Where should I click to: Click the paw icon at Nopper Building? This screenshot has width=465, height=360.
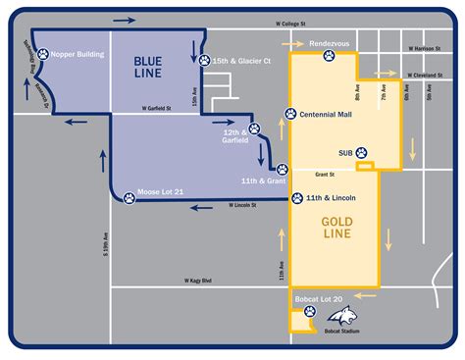42,55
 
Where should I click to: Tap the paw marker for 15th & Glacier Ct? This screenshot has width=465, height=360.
204,61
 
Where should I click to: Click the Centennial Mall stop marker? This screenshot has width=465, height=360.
290,114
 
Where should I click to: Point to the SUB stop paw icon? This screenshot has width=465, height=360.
361,153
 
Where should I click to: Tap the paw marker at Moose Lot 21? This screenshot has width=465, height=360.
129,196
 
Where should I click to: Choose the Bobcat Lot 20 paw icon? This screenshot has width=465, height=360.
310,313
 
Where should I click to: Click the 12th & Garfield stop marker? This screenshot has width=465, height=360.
255,129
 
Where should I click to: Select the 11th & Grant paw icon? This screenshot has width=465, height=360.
282,169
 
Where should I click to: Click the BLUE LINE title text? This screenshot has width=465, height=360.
154,68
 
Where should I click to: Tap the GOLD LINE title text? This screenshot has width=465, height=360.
336,229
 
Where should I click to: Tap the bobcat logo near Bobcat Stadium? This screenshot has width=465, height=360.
343,314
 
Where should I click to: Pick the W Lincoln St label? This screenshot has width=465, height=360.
241,205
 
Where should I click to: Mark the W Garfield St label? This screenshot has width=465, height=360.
157,109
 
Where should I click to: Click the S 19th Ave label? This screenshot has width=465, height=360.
105,242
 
